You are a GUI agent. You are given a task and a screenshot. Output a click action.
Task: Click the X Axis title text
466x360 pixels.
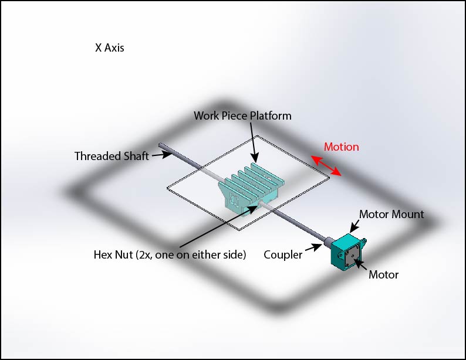point(110,48)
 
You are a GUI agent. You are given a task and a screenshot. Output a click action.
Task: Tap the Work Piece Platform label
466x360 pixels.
point(242,116)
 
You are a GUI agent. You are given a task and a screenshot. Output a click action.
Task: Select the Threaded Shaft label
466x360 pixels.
point(111,156)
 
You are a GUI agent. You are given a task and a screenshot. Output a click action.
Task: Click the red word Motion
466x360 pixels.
point(341,147)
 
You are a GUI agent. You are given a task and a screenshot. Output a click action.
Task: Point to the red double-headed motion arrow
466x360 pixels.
point(326,165)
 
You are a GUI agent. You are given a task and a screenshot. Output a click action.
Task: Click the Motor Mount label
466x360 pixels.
point(391,214)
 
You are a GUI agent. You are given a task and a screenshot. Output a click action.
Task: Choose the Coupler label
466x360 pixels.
point(283,254)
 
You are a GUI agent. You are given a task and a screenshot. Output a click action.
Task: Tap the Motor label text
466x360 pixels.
point(383,274)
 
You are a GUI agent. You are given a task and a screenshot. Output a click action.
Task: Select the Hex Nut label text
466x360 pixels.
point(169,254)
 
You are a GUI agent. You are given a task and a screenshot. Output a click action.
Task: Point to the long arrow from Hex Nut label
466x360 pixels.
point(217,225)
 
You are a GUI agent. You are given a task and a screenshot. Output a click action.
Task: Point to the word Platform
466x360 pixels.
point(271,116)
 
